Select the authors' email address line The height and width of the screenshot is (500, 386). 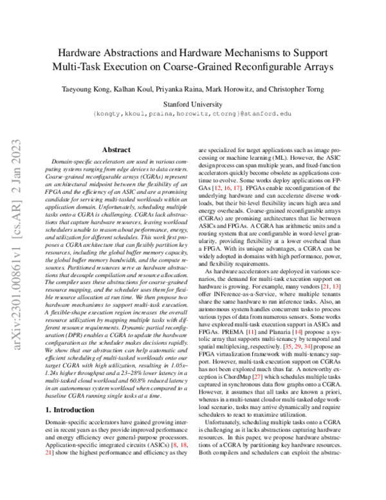pos(193,112)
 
